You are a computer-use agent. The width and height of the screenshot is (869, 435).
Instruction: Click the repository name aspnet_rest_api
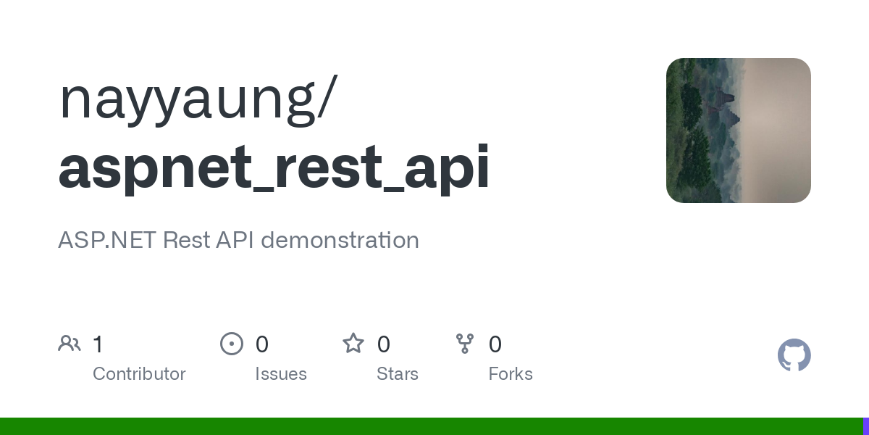[x=274, y=168]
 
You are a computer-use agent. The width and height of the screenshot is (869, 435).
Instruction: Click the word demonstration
[x=340, y=240]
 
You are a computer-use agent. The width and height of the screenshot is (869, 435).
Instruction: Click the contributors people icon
[x=70, y=344]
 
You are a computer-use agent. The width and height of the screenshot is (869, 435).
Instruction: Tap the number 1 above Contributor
[x=98, y=344]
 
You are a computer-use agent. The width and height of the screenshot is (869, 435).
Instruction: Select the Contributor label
[x=139, y=374]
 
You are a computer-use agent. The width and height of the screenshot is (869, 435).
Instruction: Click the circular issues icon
[x=232, y=344]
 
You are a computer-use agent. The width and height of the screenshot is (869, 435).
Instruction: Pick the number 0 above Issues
[x=262, y=344]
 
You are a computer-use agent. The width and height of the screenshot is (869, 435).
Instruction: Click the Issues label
[x=281, y=374]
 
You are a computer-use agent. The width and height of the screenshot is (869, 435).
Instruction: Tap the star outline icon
[x=353, y=343]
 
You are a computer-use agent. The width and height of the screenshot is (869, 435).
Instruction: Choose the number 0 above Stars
[x=384, y=344]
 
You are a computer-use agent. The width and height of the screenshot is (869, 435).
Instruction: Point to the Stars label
[x=398, y=374]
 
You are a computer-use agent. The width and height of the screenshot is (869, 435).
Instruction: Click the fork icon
[x=465, y=344]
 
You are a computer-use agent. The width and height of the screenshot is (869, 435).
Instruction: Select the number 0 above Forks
[x=495, y=344]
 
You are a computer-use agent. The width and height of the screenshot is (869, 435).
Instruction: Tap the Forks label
[x=511, y=374]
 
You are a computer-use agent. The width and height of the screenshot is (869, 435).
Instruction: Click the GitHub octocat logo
[x=794, y=355]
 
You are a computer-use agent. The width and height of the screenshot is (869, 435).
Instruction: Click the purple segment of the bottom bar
[x=865, y=426]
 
